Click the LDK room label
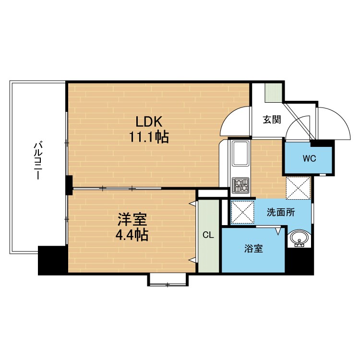tap(149, 121)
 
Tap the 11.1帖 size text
tap(149, 137)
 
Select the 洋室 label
tap(132, 219)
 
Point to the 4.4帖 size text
tap(132, 235)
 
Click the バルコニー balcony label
tap(37, 160)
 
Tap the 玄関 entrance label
tap(272, 120)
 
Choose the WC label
tap(309, 158)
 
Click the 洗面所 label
tap(281, 212)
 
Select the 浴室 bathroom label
tap(253, 249)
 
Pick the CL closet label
tap(208, 235)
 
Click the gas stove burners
tap(240, 185)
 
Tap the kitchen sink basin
tap(240, 153)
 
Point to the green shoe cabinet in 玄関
tap(274, 93)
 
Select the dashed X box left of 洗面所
tap(242, 212)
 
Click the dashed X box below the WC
tap(298, 188)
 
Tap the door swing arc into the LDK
tap(229, 115)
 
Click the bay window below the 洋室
tap(168, 280)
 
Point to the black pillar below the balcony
tap(53, 261)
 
